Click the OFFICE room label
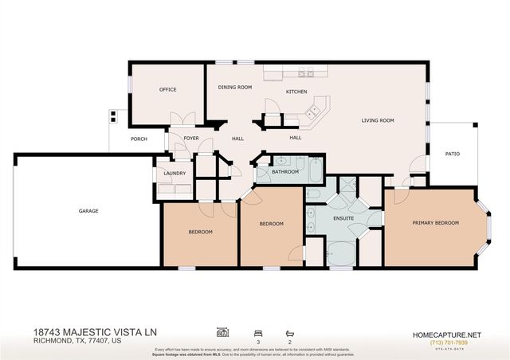[x=167, y=89]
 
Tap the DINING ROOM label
[x=235, y=87]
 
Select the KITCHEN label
[x=296, y=92]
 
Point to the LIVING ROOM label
[x=378, y=120]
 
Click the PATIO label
[x=452, y=154]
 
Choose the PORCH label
[x=139, y=139]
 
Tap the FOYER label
[x=191, y=139]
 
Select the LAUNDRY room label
[x=175, y=173]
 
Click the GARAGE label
[x=88, y=211]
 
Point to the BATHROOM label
[x=284, y=171]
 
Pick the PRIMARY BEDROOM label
[x=435, y=223]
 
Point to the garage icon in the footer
[x=222, y=331]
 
